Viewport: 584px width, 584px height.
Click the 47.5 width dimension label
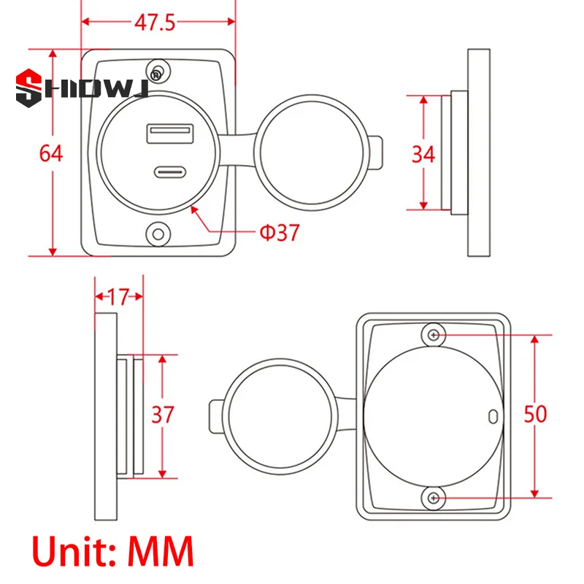[155, 23]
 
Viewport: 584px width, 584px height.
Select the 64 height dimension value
[51, 154]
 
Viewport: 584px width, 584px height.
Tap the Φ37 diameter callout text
[280, 233]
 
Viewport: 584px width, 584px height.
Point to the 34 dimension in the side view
[423, 154]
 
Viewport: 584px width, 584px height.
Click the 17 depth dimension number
[118, 297]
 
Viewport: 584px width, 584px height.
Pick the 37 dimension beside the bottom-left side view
[163, 415]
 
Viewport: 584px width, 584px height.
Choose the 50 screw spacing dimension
[536, 415]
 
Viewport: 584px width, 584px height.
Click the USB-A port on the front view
[170, 134]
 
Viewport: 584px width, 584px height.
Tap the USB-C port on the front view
[170, 174]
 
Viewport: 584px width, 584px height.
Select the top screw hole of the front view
[158, 69]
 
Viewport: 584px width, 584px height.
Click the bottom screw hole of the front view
[157, 234]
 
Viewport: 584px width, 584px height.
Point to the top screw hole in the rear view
[434, 335]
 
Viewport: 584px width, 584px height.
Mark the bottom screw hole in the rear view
[434, 498]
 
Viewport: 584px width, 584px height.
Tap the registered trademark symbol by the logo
[155, 74]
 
